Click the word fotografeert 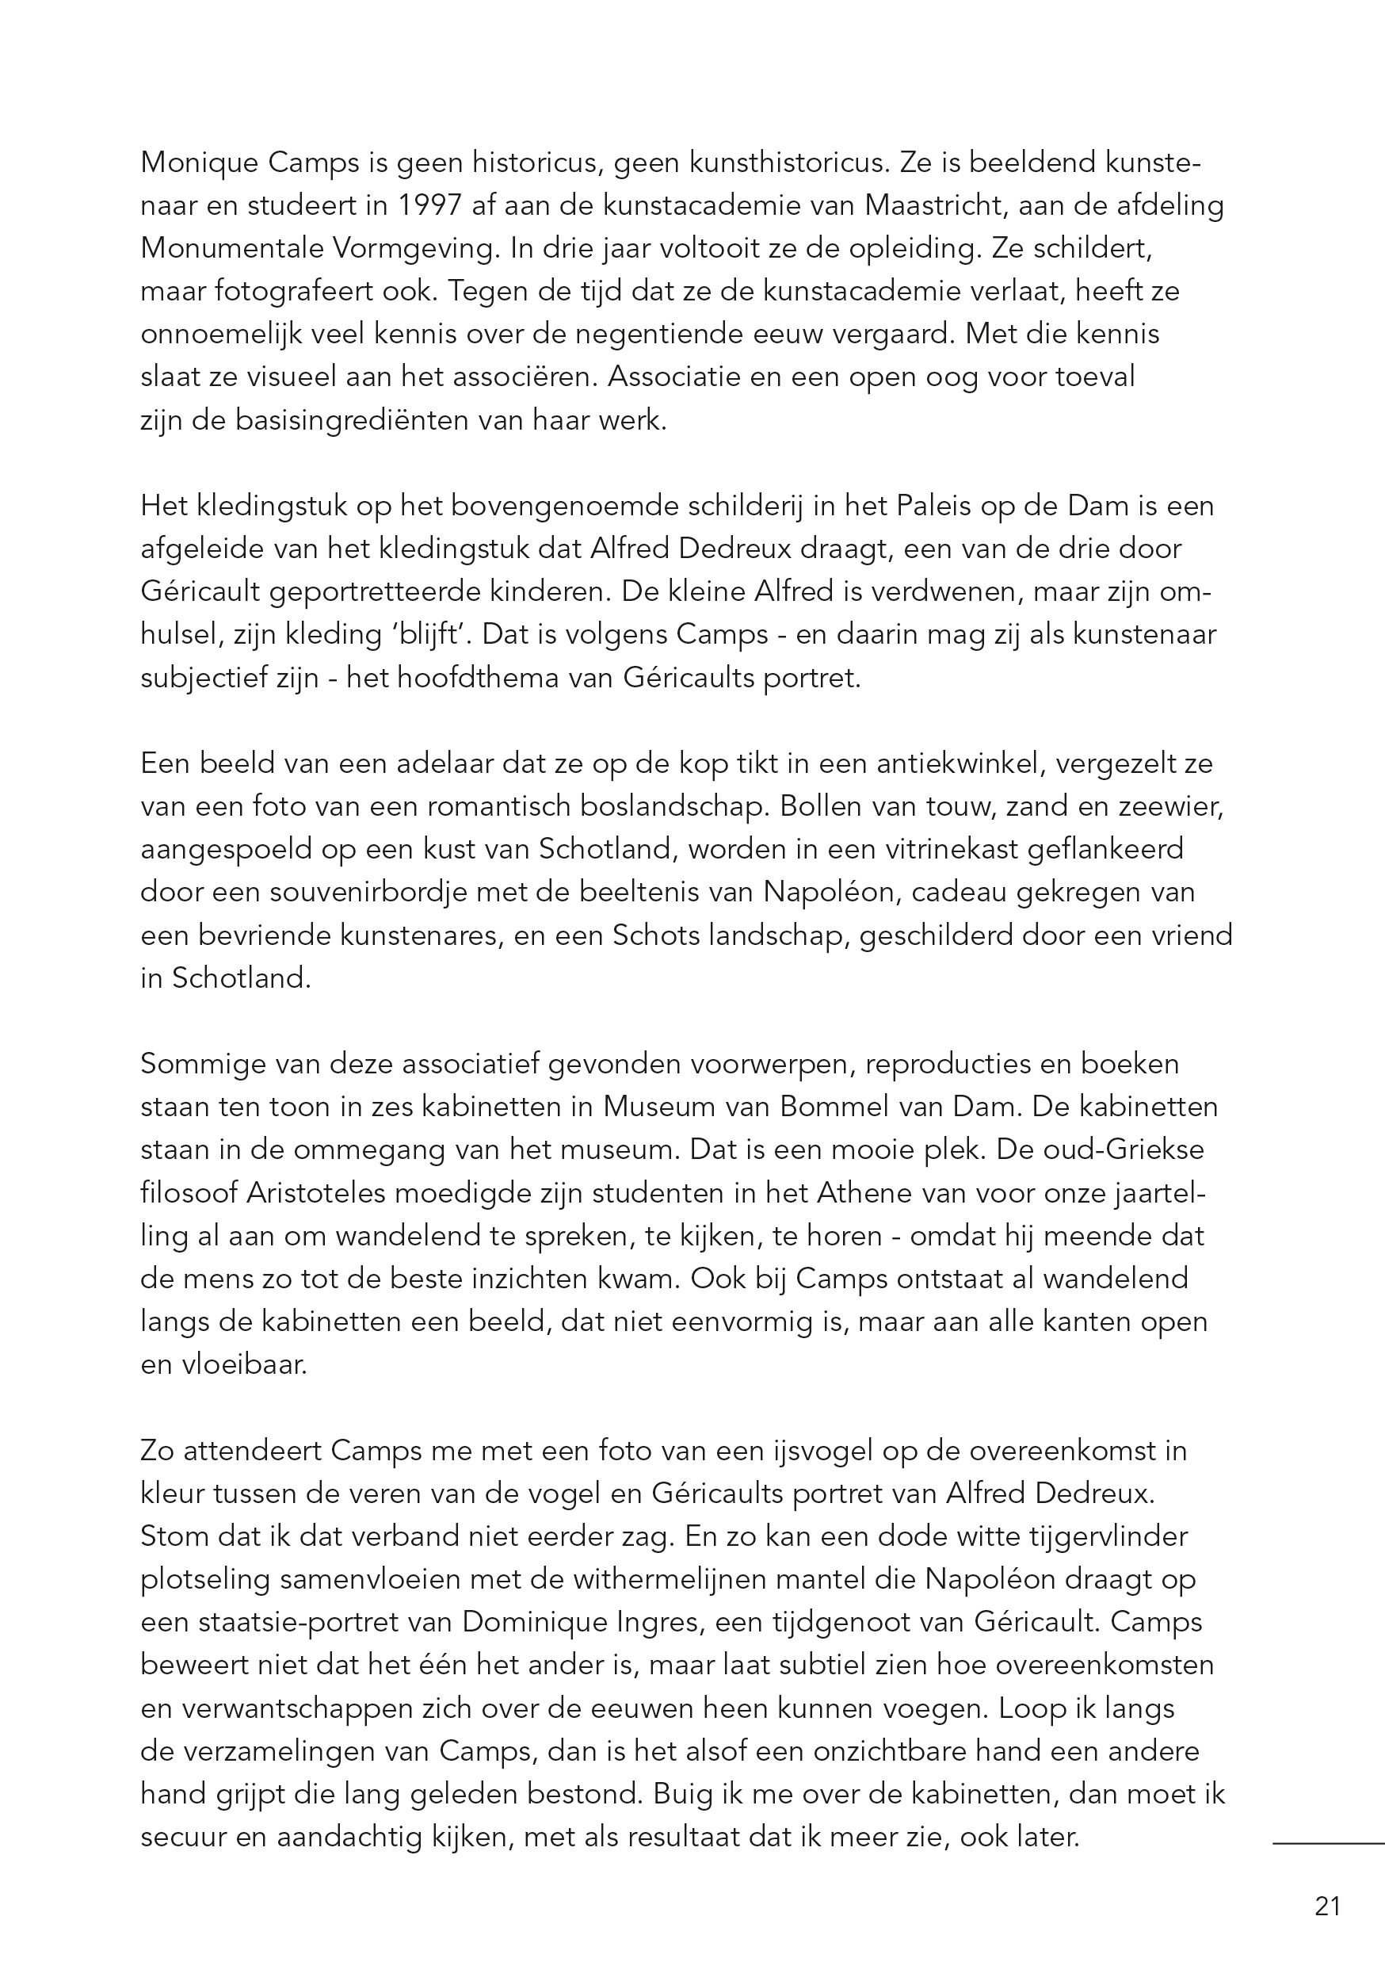pyautogui.click(x=291, y=291)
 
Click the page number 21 pyautogui.click(x=1327, y=1906)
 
